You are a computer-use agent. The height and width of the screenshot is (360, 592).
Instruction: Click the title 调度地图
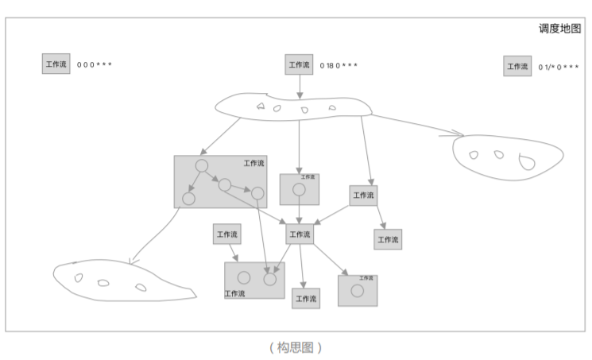pyautogui.click(x=559, y=29)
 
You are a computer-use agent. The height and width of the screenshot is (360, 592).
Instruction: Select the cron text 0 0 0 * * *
pyautogui.click(x=95, y=64)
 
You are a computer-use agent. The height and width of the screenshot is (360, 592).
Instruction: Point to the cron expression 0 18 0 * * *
pyautogui.click(x=339, y=65)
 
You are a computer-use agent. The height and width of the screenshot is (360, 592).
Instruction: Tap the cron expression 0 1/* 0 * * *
pyautogui.click(x=559, y=68)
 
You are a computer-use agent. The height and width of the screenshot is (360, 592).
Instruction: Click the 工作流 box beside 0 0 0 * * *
pyautogui.click(x=56, y=64)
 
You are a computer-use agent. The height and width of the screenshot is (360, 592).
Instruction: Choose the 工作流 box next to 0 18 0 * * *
pyautogui.click(x=299, y=64)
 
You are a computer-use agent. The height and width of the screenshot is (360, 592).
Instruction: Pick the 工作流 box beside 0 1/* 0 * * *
pyautogui.click(x=517, y=67)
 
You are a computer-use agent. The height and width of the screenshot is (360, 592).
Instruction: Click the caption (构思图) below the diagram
pyautogui.click(x=296, y=347)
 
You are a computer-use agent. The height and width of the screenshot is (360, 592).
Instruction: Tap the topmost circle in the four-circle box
pyautogui.click(x=202, y=166)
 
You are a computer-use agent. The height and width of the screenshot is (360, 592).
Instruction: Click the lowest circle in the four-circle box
pyautogui.click(x=189, y=199)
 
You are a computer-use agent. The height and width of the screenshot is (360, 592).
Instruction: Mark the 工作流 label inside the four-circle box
pyautogui.click(x=254, y=163)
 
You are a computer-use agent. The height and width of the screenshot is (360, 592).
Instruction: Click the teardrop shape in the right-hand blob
pyautogui.click(x=525, y=163)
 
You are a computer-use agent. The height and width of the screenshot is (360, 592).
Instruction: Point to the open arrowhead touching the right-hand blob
pyautogui.click(x=456, y=133)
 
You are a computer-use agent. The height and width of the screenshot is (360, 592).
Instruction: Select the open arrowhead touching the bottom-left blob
pyautogui.click(x=133, y=259)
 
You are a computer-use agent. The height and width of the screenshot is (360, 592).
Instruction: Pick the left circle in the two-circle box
pyautogui.click(x=244, y=278)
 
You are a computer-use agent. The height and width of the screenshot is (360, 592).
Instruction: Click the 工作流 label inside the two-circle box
pyautogui.click(x=234, y=293)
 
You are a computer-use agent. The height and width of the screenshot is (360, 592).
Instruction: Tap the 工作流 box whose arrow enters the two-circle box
pyautogui.click(x=227, y=234)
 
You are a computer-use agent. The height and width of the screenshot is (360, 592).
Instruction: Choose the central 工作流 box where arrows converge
pyautogui.click(x=299, y=234)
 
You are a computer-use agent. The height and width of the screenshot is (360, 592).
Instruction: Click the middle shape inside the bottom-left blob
pyautogui.click(x=103, y=282)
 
